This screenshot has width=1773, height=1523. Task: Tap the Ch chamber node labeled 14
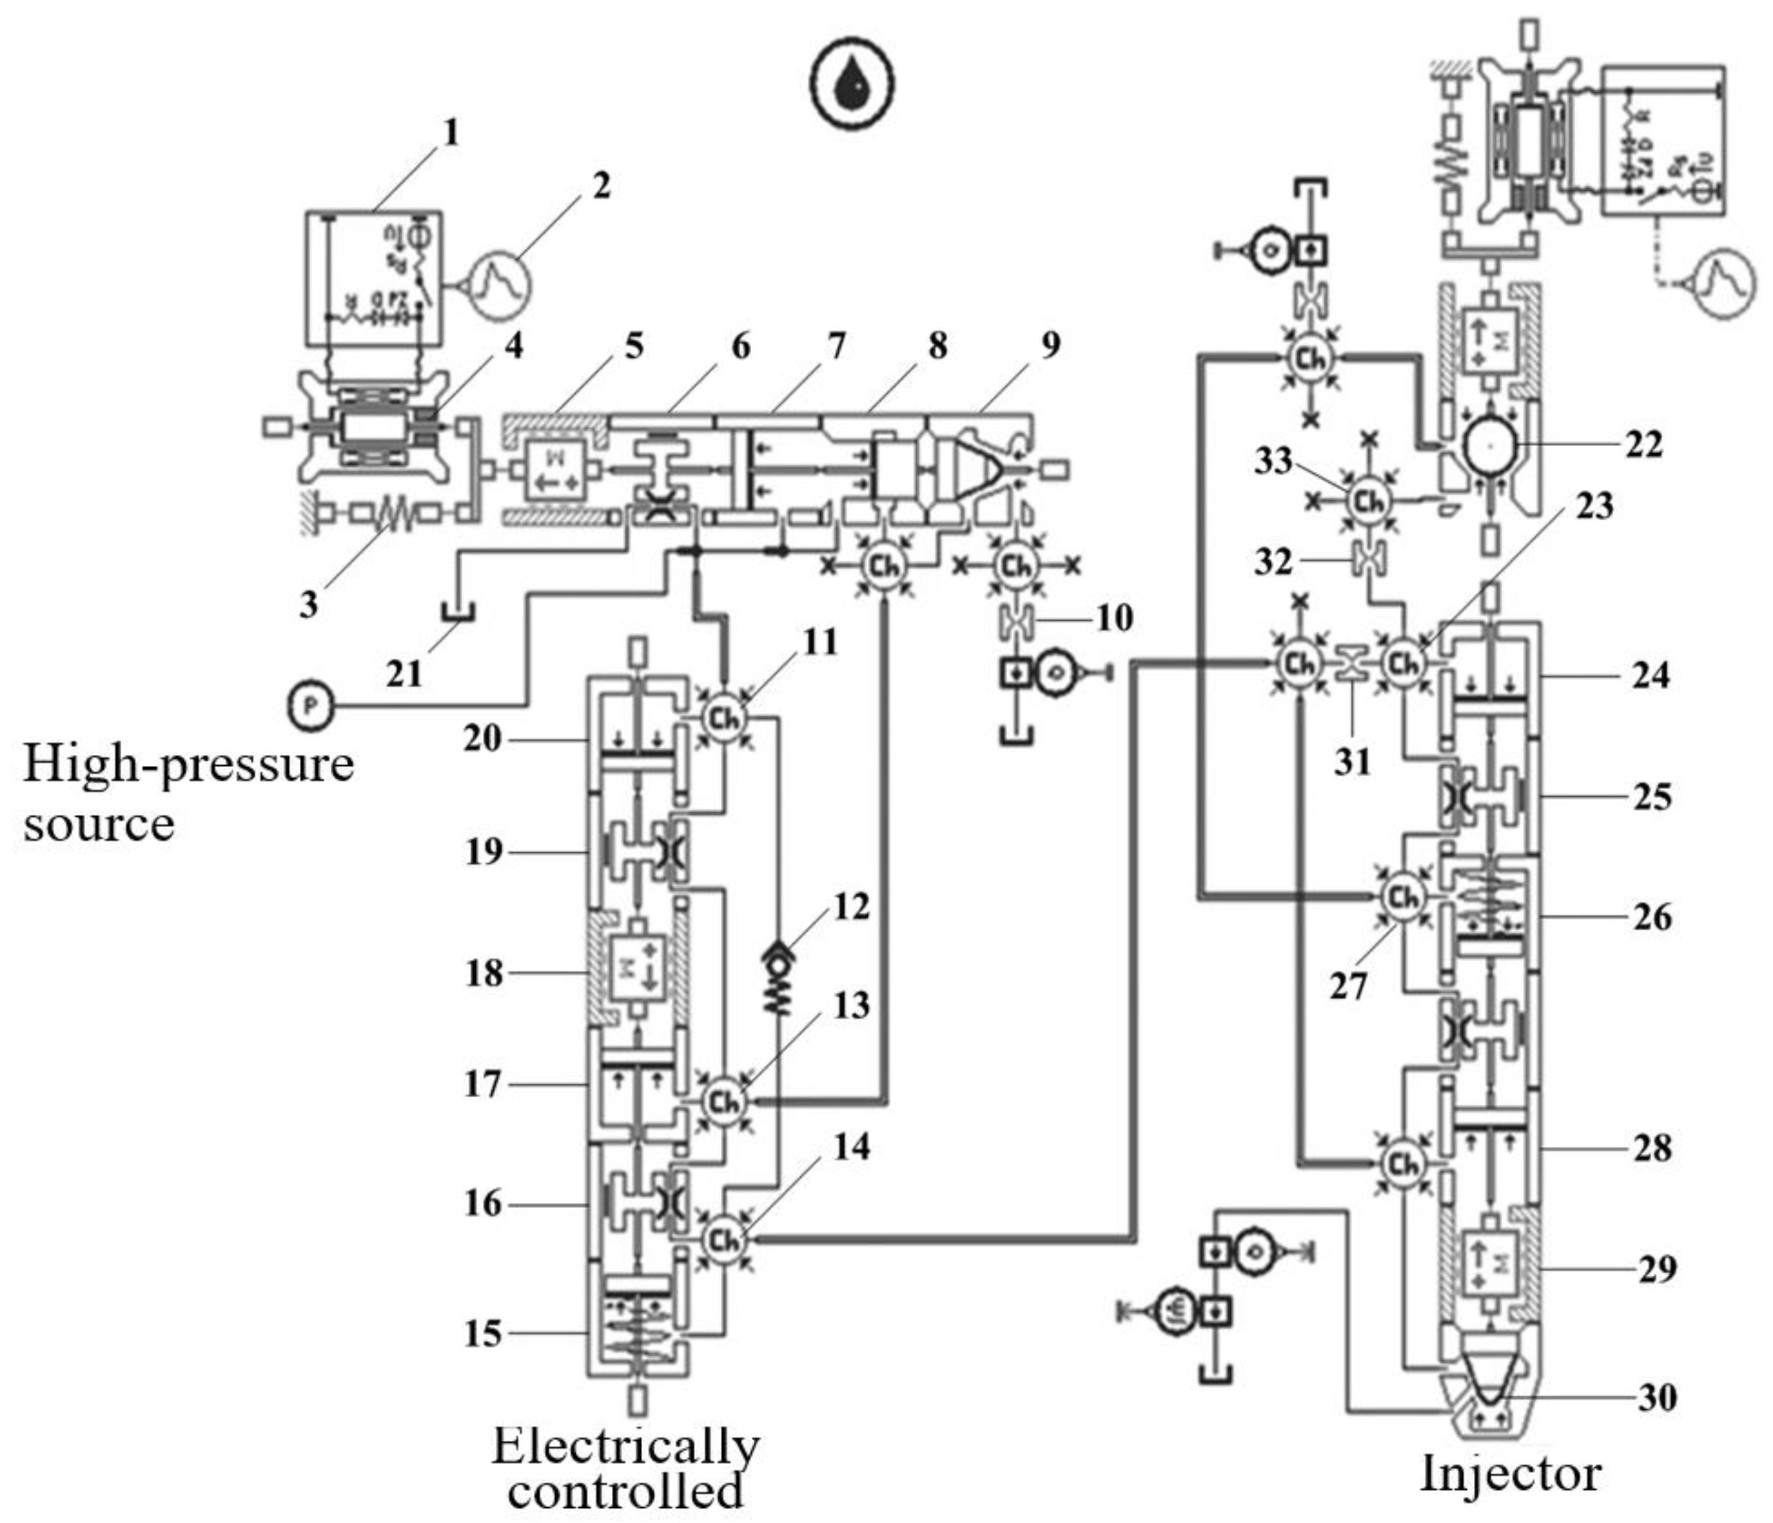pos(724,1239)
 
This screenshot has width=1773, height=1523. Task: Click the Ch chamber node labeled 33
pos(1369,500)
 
